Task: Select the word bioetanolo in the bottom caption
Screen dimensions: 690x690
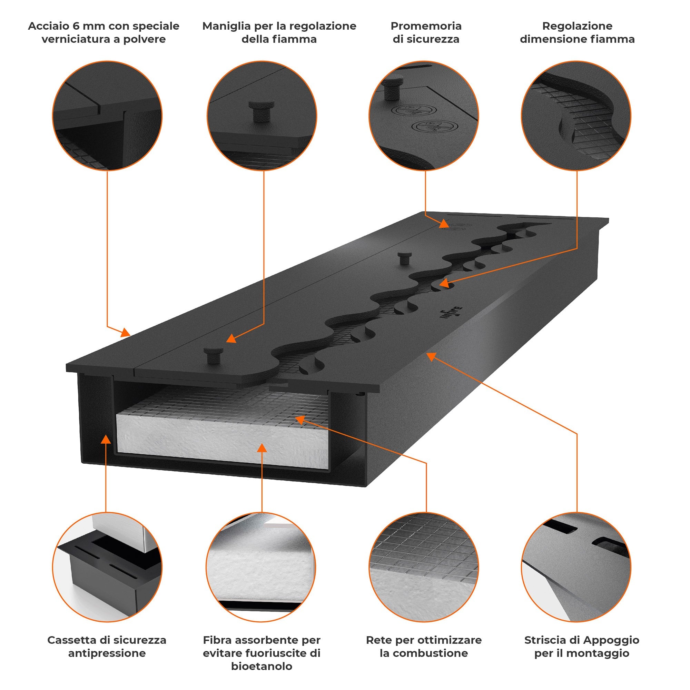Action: [262, 666]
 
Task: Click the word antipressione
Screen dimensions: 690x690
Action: [107, 653]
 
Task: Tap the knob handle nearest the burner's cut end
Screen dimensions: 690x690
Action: [213, 355]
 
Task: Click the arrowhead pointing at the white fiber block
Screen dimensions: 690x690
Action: [262, 448]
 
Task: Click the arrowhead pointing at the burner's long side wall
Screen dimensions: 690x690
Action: [432, 356]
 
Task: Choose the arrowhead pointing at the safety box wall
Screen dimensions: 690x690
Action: [105, 439]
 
